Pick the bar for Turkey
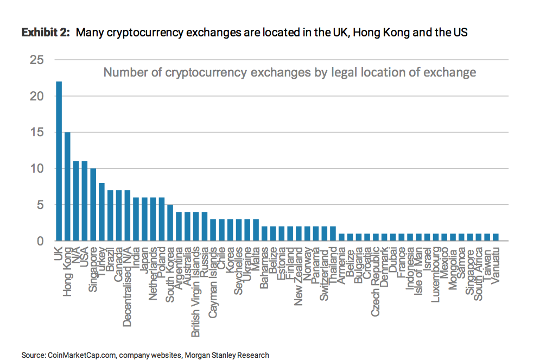tap(101, 212)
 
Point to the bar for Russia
tap(204, 226)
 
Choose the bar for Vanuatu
tap(495, 237)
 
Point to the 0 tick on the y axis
tap(40, 241)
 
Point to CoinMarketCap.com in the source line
tap(81, 355)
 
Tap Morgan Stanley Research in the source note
tap(227, 355)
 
